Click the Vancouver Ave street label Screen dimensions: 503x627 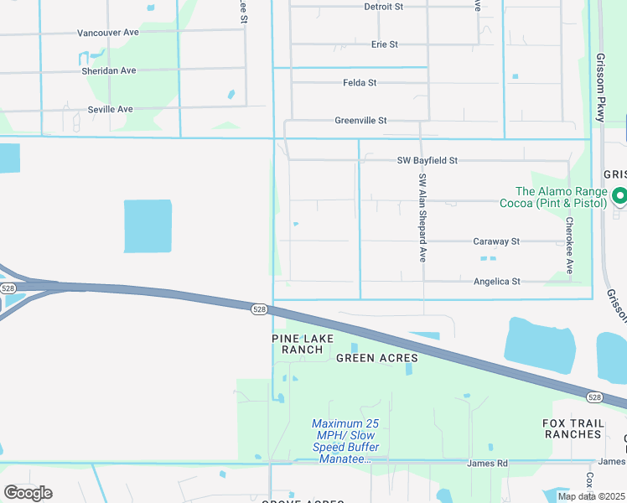(109, 33)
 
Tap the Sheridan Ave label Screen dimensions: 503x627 (109, 70)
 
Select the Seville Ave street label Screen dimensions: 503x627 (111, 109)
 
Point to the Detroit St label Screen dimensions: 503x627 (384, 6)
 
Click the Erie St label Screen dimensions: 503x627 (384, 44)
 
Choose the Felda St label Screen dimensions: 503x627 (360, 83)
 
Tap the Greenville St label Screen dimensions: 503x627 (360, 121)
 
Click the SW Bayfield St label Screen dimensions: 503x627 (427, 160)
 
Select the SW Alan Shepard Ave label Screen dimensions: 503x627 (423, 218)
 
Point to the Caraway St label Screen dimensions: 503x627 (496, 241)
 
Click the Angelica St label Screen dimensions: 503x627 (497, 282)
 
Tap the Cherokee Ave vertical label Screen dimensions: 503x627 (569, 246)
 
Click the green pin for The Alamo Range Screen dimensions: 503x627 (620, 198)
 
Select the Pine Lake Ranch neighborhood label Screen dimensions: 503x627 (303, 344)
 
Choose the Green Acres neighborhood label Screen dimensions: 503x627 (376, 358)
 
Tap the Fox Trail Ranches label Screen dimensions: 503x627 (573, 428)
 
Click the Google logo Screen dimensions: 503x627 (28, 493)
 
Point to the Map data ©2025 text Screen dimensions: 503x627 (590, 496)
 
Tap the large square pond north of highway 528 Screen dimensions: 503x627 (148, 226)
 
